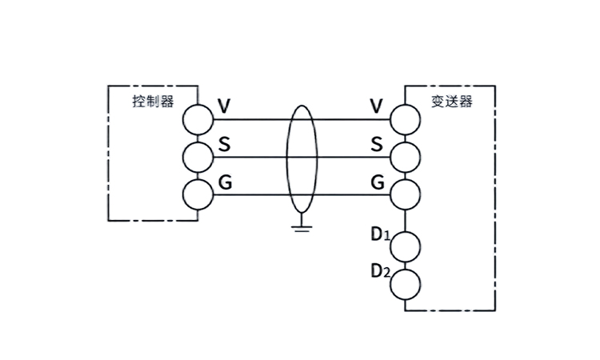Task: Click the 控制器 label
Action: tap(152, 102)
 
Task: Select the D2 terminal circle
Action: tap(405, 282)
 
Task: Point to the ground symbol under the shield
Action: tap(301, 226)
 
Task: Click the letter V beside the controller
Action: tap(225, 106)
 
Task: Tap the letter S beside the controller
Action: tap(225, 145)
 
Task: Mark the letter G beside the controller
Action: tap(225, 182)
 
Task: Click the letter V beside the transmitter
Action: tap(377, 106)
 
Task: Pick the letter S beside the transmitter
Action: tap(377, 145)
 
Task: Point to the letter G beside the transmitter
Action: tap(377, 182)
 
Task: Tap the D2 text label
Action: tap(379, 270)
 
